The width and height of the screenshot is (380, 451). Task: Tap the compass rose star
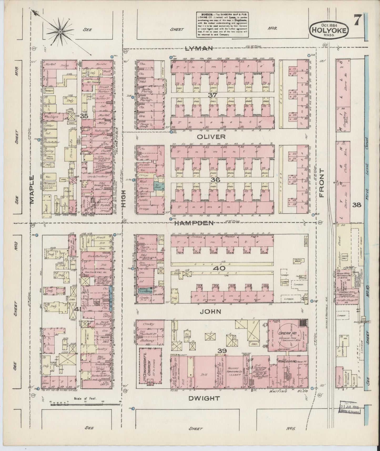click(60, 32)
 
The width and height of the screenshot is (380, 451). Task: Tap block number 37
click(211, 95)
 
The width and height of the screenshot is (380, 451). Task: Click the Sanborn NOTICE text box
click(222, 24)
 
